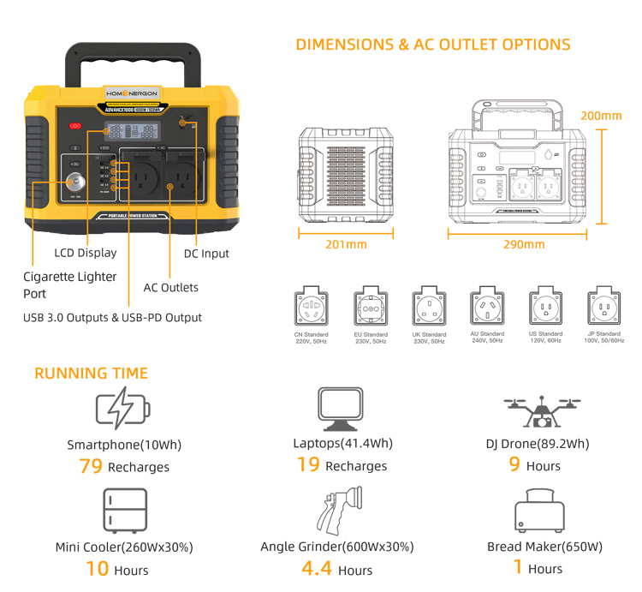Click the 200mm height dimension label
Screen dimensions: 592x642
[x=601, y=116]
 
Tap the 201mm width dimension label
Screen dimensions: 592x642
[x=346, y=244]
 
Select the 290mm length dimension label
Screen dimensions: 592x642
[x=523, y=244]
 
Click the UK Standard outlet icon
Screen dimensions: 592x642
[x=429, y=306]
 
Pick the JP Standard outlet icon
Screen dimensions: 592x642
[x=603, y=306]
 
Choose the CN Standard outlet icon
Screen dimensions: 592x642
[x=311, y=307]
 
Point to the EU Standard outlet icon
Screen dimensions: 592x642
[x=371, y=307]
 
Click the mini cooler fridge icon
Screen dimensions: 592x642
[x=120, y=511]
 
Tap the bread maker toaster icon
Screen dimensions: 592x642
[x=539, y=512]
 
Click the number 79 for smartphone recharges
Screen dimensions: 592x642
[x=91, y=466]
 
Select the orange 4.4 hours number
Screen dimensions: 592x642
[x=317, y=568]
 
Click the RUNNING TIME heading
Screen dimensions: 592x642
[x=91, y=374]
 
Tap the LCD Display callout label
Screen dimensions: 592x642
[x=85, y=253]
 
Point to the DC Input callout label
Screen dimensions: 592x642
[x=206, y=254]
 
